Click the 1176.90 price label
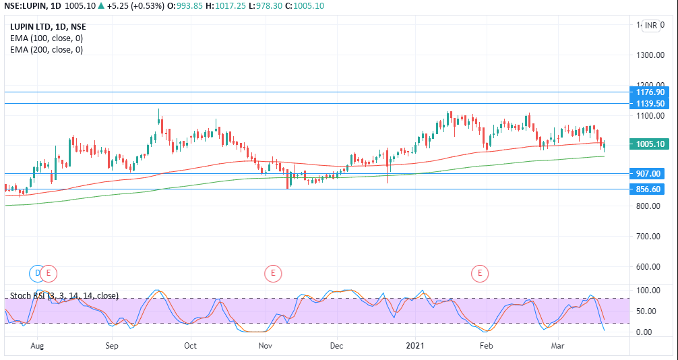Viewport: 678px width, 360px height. pyautogui.click(x=650, y=92)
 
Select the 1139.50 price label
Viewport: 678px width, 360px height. pyautogui.click(x=650, y=104)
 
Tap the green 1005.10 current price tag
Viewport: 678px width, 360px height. pyautogui.click(x=650, y=144)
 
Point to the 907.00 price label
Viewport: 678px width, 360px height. pyautogui.click(x=650, y=173)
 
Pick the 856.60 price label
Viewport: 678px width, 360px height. pyautogui.click(x=650, y=189)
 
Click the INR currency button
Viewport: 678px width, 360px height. pyautogui.click(x=650, y=26)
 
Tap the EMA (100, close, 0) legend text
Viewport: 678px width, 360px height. pyautogui.click(x=47, y=38)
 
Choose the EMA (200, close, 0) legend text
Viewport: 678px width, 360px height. pyautogui.click(x=47, y=49)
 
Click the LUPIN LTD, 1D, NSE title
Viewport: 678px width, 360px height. pyautogui.click(x=48, y=27)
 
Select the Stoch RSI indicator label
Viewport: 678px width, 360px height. pyautogui.click(x=64, y=295)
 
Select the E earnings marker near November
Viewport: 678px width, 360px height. pyautogui.click(x=272, y=273)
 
